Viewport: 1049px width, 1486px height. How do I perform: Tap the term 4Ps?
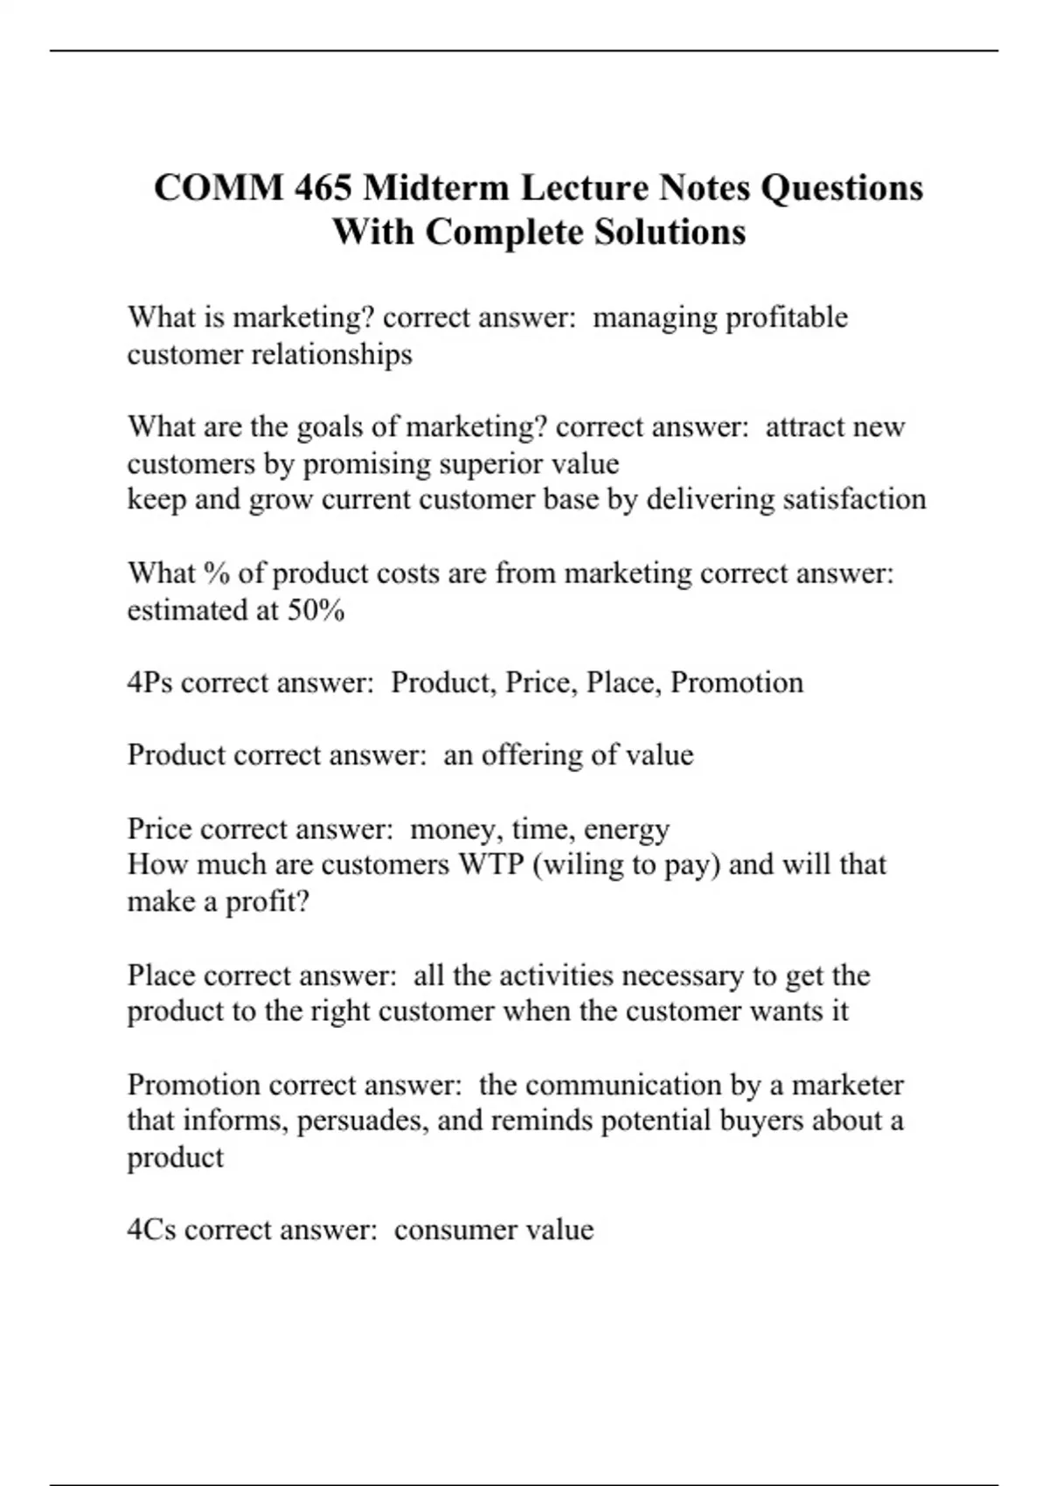point(149,683)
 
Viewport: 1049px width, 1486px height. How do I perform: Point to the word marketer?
point(847,1085)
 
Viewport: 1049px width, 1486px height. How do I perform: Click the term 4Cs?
point(151,1230)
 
